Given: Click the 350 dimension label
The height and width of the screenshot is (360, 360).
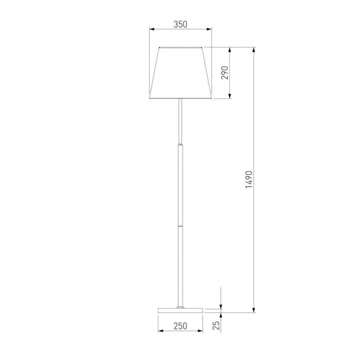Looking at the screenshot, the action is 180,24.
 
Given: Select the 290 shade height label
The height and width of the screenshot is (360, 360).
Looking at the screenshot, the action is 225,73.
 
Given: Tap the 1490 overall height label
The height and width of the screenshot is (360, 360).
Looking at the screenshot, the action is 249,180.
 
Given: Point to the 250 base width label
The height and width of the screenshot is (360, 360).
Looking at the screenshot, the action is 180,326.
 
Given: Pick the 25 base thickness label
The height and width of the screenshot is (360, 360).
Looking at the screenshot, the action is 216,325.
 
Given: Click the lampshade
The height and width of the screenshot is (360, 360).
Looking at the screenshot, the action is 180,73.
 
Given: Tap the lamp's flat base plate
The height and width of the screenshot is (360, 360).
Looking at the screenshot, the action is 180,310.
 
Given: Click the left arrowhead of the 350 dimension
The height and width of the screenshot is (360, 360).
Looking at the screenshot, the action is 152,29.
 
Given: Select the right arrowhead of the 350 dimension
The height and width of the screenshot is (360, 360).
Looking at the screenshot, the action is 209,29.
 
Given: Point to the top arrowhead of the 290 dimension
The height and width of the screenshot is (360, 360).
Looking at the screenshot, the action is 230,50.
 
